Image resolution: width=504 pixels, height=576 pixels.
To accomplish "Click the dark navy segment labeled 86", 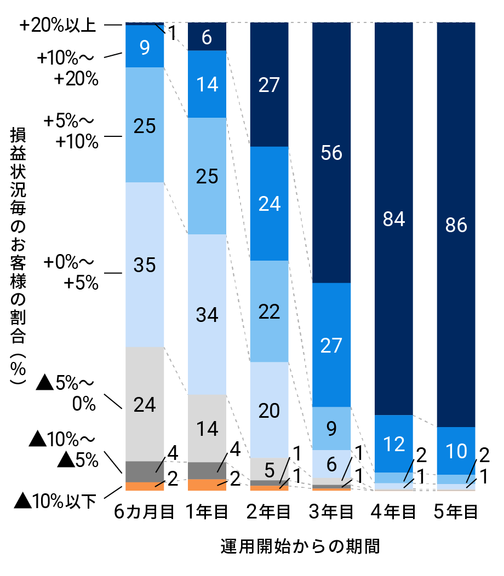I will click(456, 224).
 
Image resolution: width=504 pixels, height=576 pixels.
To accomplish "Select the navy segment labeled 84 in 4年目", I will click(393, 219).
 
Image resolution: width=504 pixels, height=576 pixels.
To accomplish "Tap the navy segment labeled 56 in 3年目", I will click(331, 153).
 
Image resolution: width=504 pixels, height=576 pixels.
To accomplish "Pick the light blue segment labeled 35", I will click(145, 264).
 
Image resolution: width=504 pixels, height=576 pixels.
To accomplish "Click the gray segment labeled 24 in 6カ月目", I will click(145, 404).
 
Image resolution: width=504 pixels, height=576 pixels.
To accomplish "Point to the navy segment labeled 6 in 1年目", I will click(207, 37).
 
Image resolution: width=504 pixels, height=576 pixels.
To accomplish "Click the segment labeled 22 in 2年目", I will click(269, 311).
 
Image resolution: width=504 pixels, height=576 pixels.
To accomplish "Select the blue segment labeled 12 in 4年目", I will click(393, 443).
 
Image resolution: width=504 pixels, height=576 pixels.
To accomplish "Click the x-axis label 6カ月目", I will click(145, 512).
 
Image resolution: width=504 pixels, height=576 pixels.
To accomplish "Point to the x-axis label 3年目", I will click(331, 512).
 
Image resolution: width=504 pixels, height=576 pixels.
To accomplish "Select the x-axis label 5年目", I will click(456, 512).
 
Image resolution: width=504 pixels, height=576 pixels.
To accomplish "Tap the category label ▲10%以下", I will click(55, 500).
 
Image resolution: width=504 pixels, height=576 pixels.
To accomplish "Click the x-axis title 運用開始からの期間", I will click(300, 546).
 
